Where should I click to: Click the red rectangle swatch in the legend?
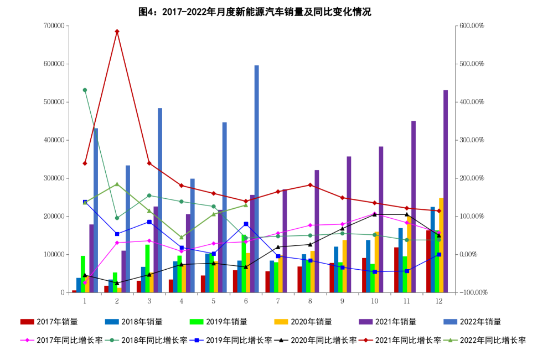(x=27, y=321)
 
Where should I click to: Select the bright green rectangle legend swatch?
(x=197, y=321)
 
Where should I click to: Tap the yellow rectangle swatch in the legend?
(x=281, y=321)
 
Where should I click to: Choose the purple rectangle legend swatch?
(x=366, y=321)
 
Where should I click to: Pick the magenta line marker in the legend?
(x=27, y=340)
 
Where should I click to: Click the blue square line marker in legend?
(x=197, y=340)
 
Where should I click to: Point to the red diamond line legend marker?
(x=366, y=340)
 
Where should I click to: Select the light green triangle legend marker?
(x=451, y=340)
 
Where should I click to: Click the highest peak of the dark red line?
(x=117, y=32)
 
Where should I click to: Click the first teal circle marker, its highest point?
(x=85, y=90)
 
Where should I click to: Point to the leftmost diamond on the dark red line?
(x=85, y=163)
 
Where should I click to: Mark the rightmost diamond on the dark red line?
(x=438, y=211)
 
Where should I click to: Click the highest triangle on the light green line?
(x=117, y=184)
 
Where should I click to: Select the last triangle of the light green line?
(x=246, y=205)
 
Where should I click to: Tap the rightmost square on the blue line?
(x=439, y=255)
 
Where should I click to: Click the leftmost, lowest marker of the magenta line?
(x=85, y=282)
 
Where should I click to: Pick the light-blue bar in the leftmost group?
(x=95, y=210)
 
